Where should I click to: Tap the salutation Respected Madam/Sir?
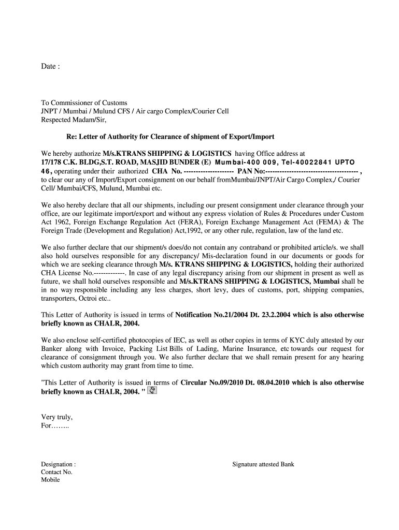73,120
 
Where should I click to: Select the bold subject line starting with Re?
170,137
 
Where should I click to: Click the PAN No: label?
251,171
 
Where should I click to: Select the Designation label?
58,464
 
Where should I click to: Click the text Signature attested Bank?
263,464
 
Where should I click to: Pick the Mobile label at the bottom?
50,480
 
